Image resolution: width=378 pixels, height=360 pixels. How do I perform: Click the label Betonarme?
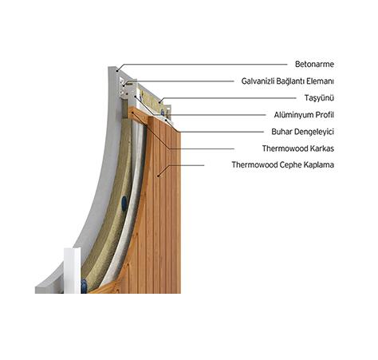coord(314,64)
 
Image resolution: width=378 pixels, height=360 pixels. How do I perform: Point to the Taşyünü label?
coord(319,98)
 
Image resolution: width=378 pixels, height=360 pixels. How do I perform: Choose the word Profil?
coord(325,115)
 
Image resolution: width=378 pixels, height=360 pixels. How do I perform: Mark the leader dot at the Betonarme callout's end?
coord(117,71)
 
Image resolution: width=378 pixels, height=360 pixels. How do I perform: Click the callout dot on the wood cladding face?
coord(158,176)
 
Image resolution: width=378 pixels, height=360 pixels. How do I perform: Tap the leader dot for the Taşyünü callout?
coord(160,102)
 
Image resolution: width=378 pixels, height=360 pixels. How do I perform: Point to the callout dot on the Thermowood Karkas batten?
coord(132,113)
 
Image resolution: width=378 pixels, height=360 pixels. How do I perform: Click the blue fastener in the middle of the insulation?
coord(124,203)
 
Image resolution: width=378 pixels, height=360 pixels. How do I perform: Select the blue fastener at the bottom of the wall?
coord(84,286)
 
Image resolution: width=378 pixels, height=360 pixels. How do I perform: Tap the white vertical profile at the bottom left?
coord(72,271)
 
